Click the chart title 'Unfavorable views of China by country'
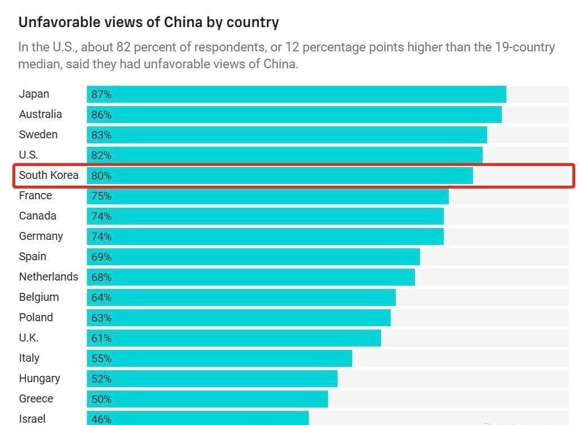(148, 23)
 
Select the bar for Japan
(296, 94)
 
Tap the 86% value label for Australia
(102, 115)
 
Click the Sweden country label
(38, 134)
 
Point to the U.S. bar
(285, 155)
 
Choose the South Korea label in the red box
(49, 175)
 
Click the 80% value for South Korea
(102, 176)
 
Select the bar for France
(268, 196)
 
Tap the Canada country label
(38, 216)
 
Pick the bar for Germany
(265, 236)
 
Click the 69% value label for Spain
(102, 257)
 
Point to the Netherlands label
(49, 277)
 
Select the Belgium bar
(241, 297)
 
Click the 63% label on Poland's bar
(102, 318)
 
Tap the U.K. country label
(29, 338)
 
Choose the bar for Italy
(220, 358)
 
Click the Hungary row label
(40, 378)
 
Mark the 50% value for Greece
(102, 399)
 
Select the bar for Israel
(198, 418)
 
